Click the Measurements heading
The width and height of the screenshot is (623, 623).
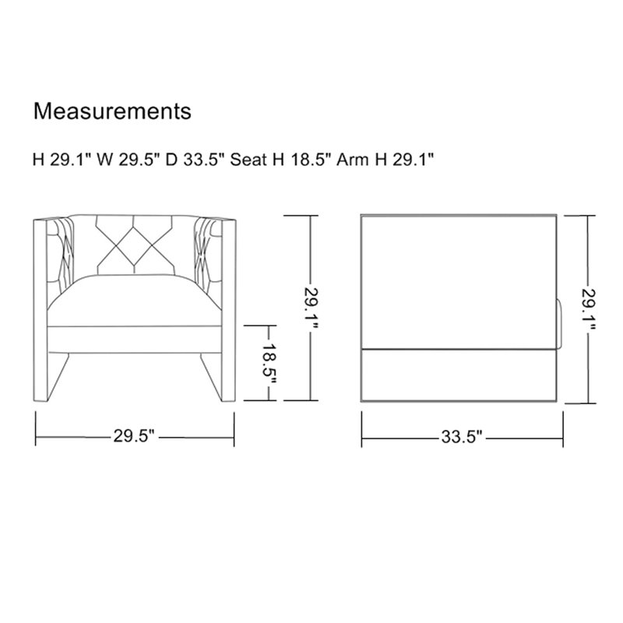click(112, 111)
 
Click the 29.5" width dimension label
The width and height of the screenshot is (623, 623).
click(134, 436)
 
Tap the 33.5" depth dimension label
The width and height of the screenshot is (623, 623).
click(462, 438)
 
